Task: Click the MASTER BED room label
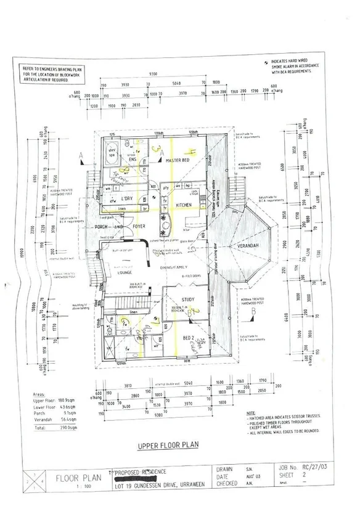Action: coord(177,160)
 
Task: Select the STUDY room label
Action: coord(188,300)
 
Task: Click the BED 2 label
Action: coord(189,337)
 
